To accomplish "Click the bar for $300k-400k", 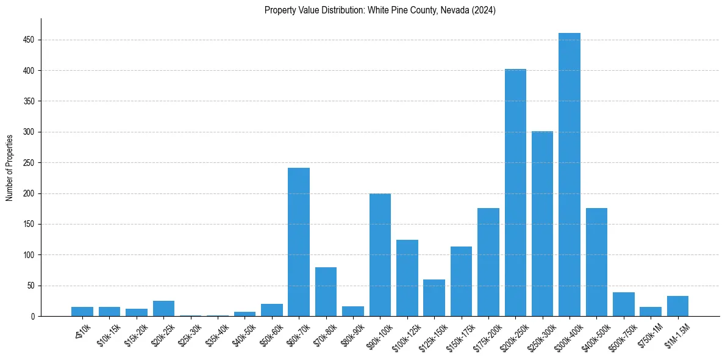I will (x=569, y=175).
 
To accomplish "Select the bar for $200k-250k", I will (x=515, y=193).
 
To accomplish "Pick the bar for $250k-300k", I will (x=542, y=223).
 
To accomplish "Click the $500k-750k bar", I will (x=623, y=304).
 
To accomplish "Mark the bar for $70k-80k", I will (x=326, y=292).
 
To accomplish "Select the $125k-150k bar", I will (x=434, y=298).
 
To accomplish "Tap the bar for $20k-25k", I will (x=163, y=309).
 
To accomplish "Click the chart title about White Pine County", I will (x=380, y=10).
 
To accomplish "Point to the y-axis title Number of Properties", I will (x=10, y=167).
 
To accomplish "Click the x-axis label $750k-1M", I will (x=650, y=334).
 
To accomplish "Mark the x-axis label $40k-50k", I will (x=245, y=334).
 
